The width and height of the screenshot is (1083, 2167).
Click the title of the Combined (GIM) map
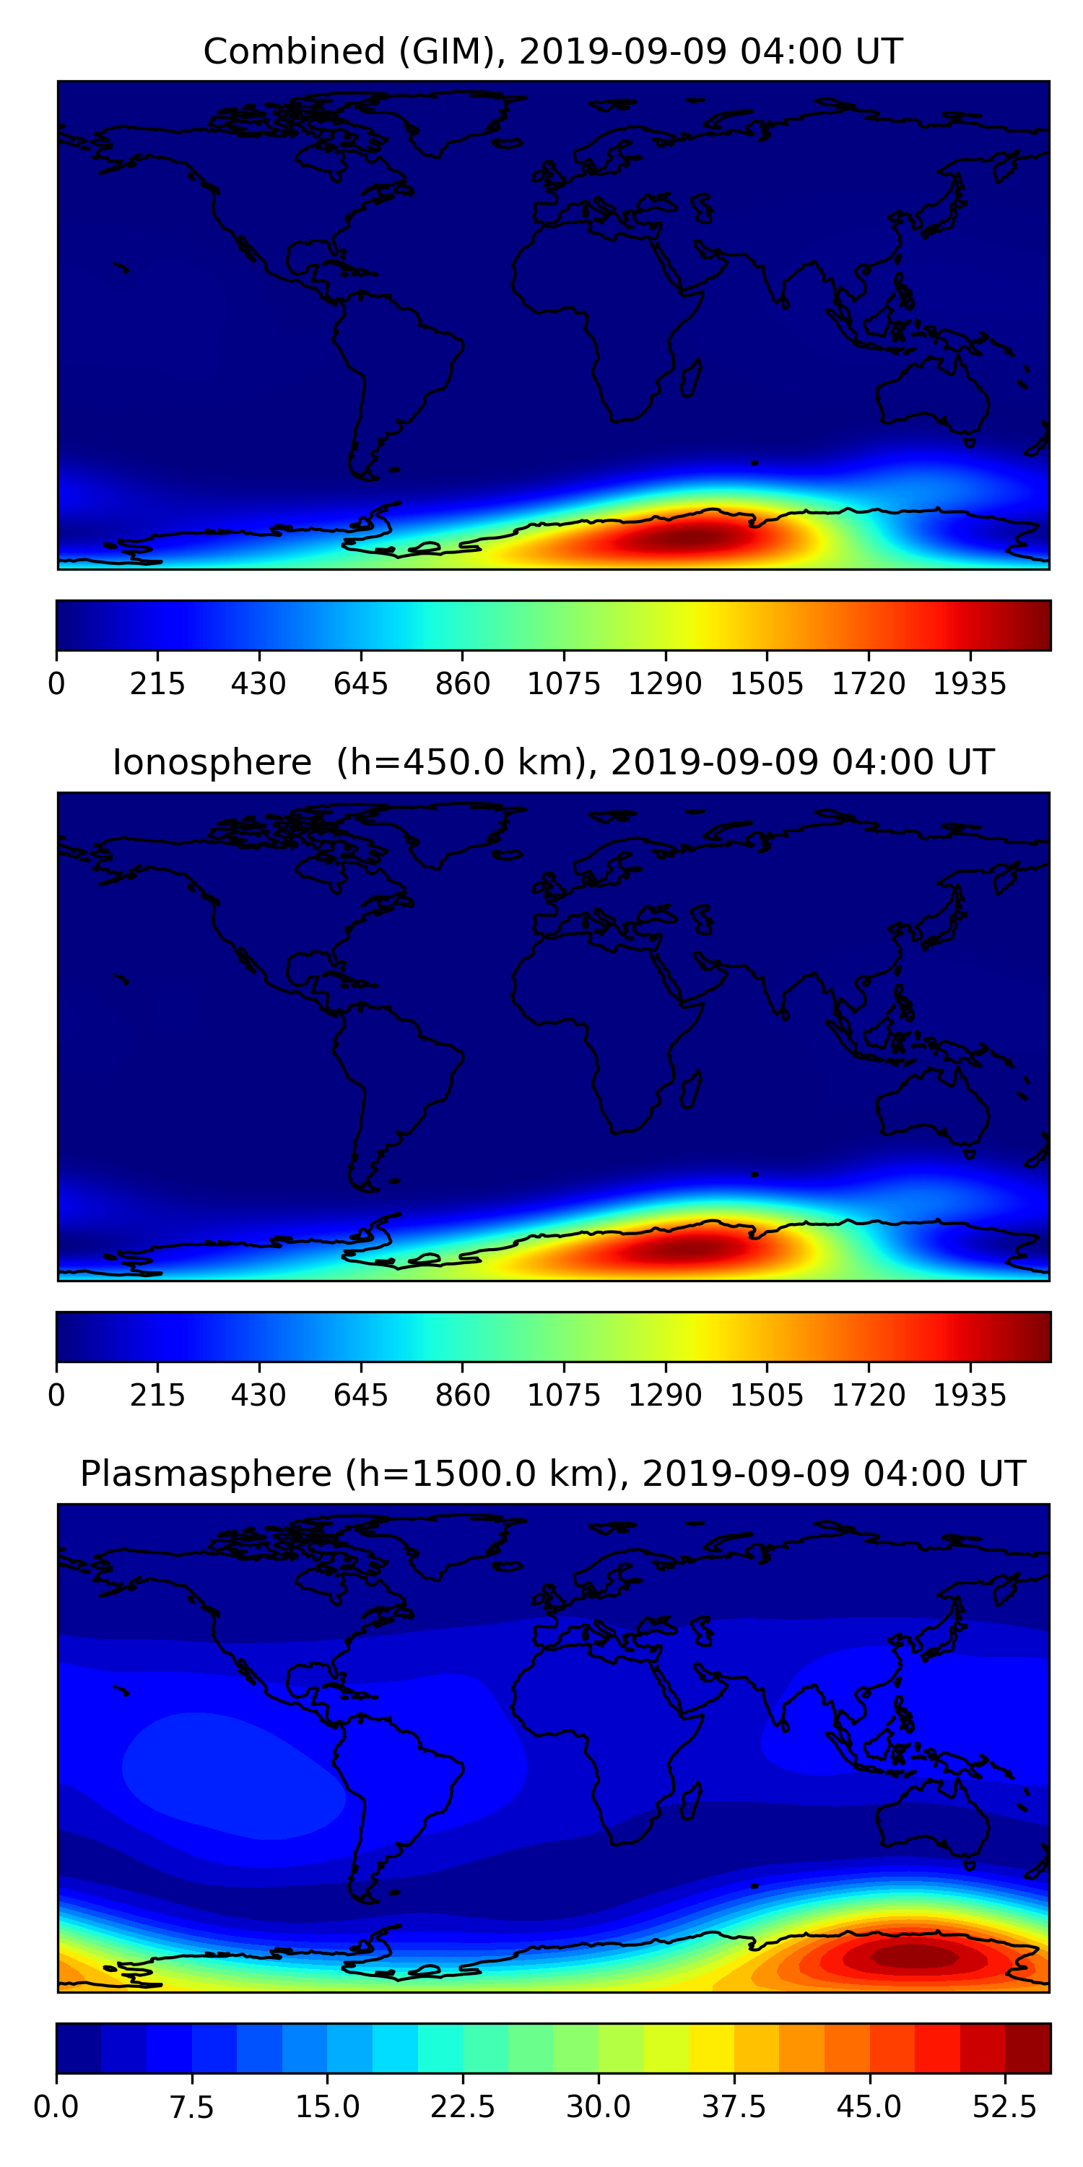pyautogui.click(x=552, y=51)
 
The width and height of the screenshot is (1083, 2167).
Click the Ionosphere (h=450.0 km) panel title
pyautogui.click(x=552, y=762)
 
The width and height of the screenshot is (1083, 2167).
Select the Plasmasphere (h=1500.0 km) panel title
pyautogui.click(x=552, y=1474)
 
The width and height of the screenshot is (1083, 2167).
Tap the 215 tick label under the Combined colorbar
pyautogui.click(x=157, y=684)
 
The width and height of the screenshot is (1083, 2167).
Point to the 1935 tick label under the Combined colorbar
pyautogui.click(x=970, y=684)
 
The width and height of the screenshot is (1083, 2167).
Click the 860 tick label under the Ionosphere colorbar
pyautogui.click(x=463, y=1395)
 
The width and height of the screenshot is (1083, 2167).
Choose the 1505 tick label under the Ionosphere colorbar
pyautogui.click(x=767, y=1395)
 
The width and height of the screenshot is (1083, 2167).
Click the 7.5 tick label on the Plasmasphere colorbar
pyautogui.click(x=192, y=2107)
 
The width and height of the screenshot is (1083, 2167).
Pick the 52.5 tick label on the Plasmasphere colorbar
pyautogui.click(x=1005, y=2107)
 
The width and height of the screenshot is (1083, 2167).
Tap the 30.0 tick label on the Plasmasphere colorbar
pyautogui.click(x=599, y=2107)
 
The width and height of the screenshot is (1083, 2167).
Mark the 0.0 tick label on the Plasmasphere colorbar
pyautogui.click(x=56, y=2107)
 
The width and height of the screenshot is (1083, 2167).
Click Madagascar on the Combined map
pyautogui.click(x=691, y=379)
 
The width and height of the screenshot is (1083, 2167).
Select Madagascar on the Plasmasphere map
pyautogui.click(x=691, y=1801)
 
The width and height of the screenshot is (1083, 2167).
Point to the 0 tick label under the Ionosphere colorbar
pyautogui.click(x=56, y=1395)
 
